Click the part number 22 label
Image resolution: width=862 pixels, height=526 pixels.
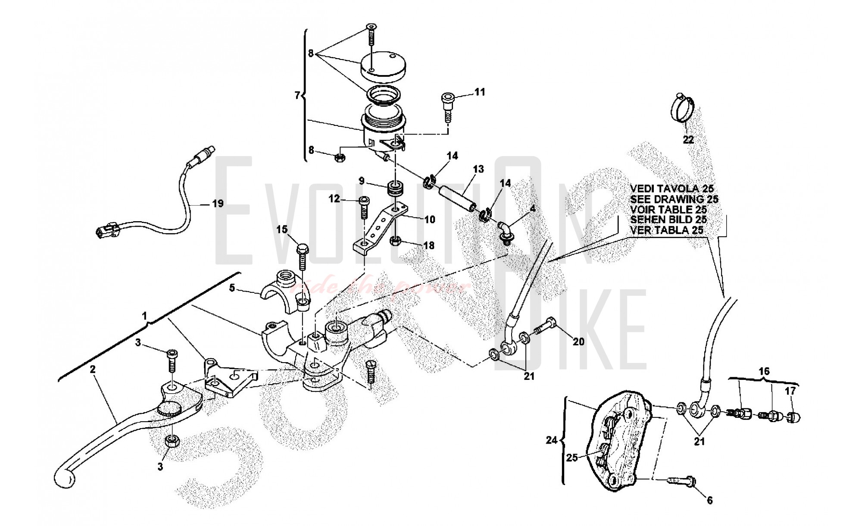(688, 139)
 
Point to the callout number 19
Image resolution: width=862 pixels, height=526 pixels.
(218, 203)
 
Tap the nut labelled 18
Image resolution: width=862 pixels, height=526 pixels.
(396, 241)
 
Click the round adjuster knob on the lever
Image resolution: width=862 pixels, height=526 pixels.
(169, 408)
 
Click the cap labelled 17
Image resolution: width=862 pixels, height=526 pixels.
(793, 417)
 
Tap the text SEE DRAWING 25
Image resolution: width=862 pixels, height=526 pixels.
(674, 199)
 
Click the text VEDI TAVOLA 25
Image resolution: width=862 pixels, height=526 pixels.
(671, 189)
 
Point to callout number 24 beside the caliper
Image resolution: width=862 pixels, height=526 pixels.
(551, 440)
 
